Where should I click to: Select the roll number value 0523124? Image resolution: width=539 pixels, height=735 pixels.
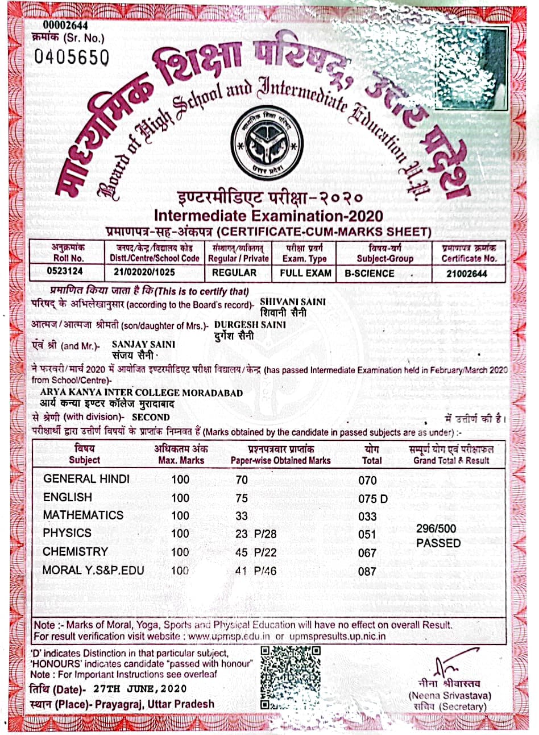(65, 272)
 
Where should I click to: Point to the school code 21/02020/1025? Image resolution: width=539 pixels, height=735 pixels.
(154, 272)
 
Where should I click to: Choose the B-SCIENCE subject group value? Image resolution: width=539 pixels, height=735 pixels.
(369, 273)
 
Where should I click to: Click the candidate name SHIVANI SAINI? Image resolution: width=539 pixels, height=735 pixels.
(292, 302)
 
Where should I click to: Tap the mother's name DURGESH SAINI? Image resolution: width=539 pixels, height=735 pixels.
(250, 324)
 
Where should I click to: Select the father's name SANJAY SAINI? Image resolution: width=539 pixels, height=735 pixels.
(144, 345)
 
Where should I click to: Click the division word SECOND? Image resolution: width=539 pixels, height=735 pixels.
(151, 417)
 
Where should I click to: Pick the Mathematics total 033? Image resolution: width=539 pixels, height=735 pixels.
(367, 517)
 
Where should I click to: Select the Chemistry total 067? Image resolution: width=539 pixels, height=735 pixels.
(367, 553)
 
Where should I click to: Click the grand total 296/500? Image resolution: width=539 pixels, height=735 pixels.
(436, 528)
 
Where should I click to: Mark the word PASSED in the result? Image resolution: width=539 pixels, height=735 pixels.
(438, 543)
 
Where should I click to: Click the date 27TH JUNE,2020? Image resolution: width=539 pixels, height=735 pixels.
(140, 688)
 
